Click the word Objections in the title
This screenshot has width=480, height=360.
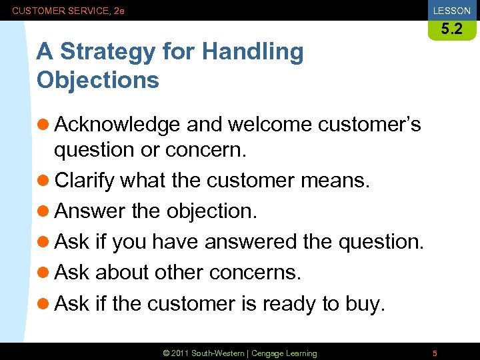tap(98, 80)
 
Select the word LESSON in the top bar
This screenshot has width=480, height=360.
tap(451, 11)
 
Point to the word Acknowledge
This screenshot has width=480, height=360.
tap(117, 125)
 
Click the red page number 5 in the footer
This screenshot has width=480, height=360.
tap(435, 353)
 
